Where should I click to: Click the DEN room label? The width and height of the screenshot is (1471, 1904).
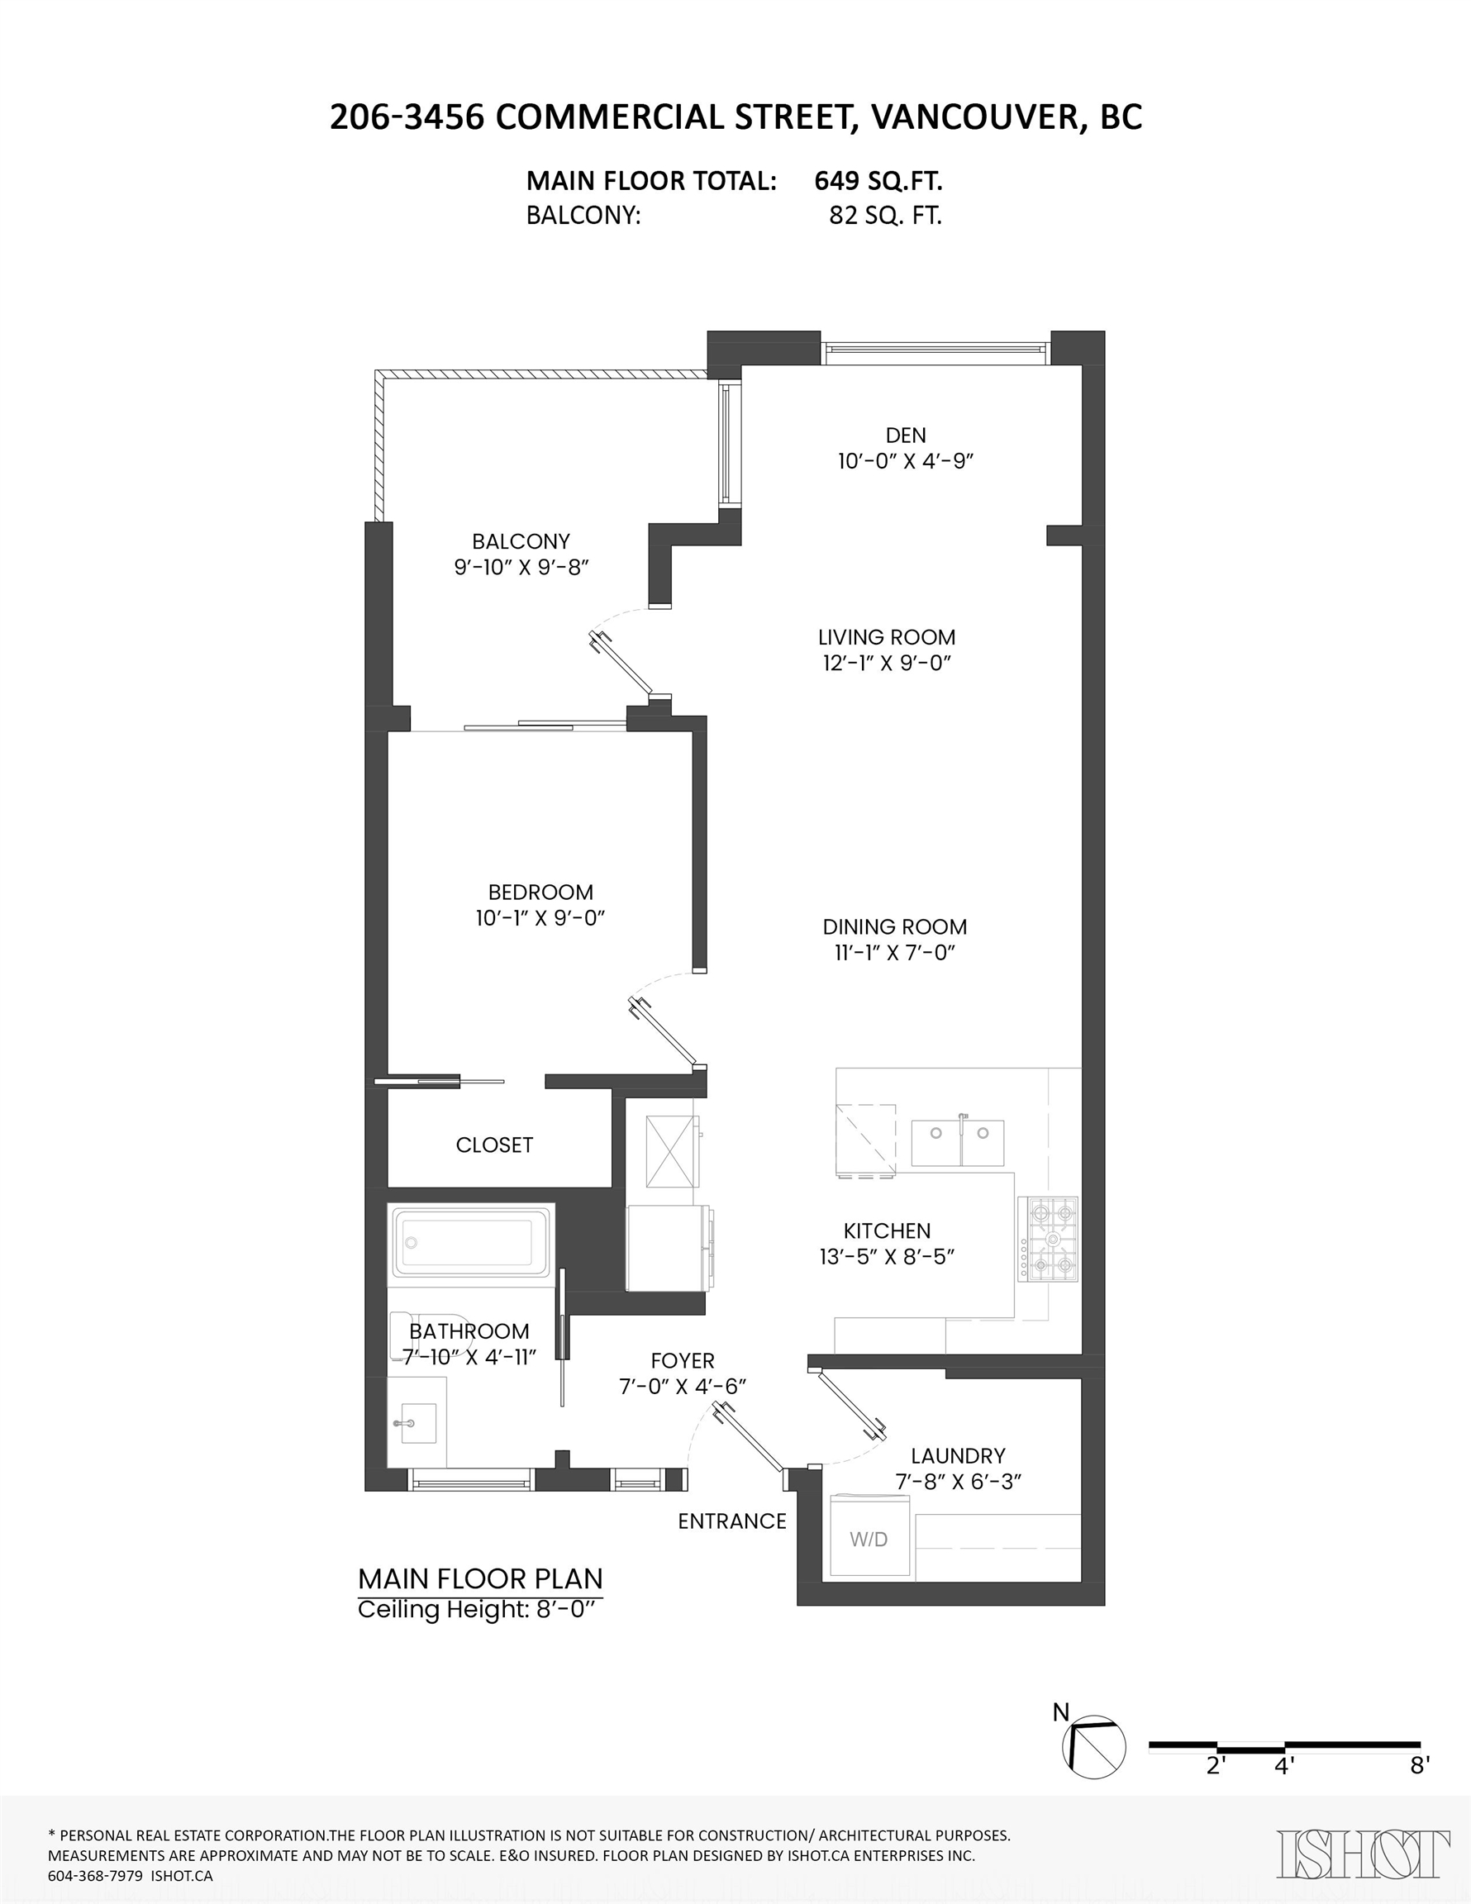tap(905, 435)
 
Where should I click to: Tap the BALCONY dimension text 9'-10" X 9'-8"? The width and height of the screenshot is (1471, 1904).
tap(521, 567)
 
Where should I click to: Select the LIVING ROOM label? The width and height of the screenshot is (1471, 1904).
tap(886, 637)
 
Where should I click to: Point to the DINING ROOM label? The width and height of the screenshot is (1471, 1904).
tap(895, 926)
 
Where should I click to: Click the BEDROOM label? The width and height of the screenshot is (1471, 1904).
tap(540, 892)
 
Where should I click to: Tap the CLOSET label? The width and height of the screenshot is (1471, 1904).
tap(494, 1145)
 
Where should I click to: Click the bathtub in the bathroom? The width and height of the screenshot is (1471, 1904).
tap(472, 1241)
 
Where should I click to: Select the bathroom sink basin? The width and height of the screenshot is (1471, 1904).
tap(417, 1423)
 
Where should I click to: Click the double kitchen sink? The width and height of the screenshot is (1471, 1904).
tap(958, 1143)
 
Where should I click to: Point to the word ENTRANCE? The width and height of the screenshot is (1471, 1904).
tap(732, 1521)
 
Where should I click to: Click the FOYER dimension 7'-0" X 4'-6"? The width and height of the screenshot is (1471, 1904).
tap(683, 1386)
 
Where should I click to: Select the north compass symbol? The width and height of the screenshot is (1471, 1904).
tap(1093, 1746)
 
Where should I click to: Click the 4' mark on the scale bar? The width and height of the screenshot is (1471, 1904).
tap(1284, 1765)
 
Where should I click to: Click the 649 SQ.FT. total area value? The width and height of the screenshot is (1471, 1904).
tap(878, 180)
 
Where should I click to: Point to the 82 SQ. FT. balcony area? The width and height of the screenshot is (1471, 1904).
tap(885, 216)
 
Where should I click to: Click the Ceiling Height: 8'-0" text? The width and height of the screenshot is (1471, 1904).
tap(479, 1608)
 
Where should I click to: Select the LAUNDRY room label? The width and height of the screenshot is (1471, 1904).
tap(958, 1456)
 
